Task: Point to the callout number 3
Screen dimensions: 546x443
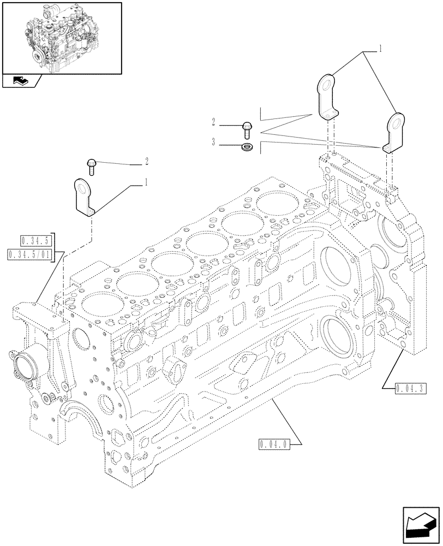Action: (x=213, y=143)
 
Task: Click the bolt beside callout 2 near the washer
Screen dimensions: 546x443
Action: (x=247, y=128)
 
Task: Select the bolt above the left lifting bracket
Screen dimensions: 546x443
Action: (x=92, y=165)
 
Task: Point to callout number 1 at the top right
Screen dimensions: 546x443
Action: (x=380, y=50)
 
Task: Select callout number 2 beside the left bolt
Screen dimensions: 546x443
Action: (x=146, y=162)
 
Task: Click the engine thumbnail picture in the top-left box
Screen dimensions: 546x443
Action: (x=61, y=38)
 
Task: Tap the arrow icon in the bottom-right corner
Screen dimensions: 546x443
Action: (x=421, y=525)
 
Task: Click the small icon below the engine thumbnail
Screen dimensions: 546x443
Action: (x=20, y=81)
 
